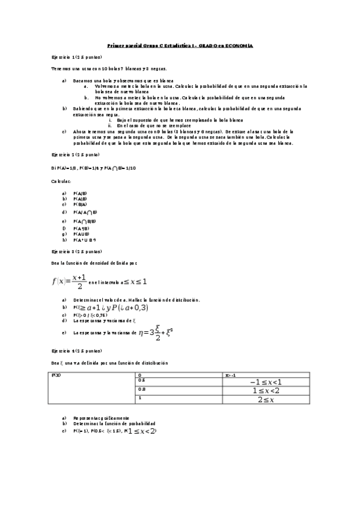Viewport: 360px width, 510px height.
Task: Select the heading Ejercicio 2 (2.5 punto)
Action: click(x=76, y=155)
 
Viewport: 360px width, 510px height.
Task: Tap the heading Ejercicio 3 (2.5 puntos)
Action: click(x=76, y=250)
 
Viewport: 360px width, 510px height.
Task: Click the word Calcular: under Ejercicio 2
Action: click(x=61, y=180)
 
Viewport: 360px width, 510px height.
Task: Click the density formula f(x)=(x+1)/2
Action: click(x=70, y=280)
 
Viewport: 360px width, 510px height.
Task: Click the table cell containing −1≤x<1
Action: click(x=265, y=381)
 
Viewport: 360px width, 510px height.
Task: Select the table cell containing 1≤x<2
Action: click(x=265, y=390)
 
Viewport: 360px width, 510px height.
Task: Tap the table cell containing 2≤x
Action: click(x=265, y=399)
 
